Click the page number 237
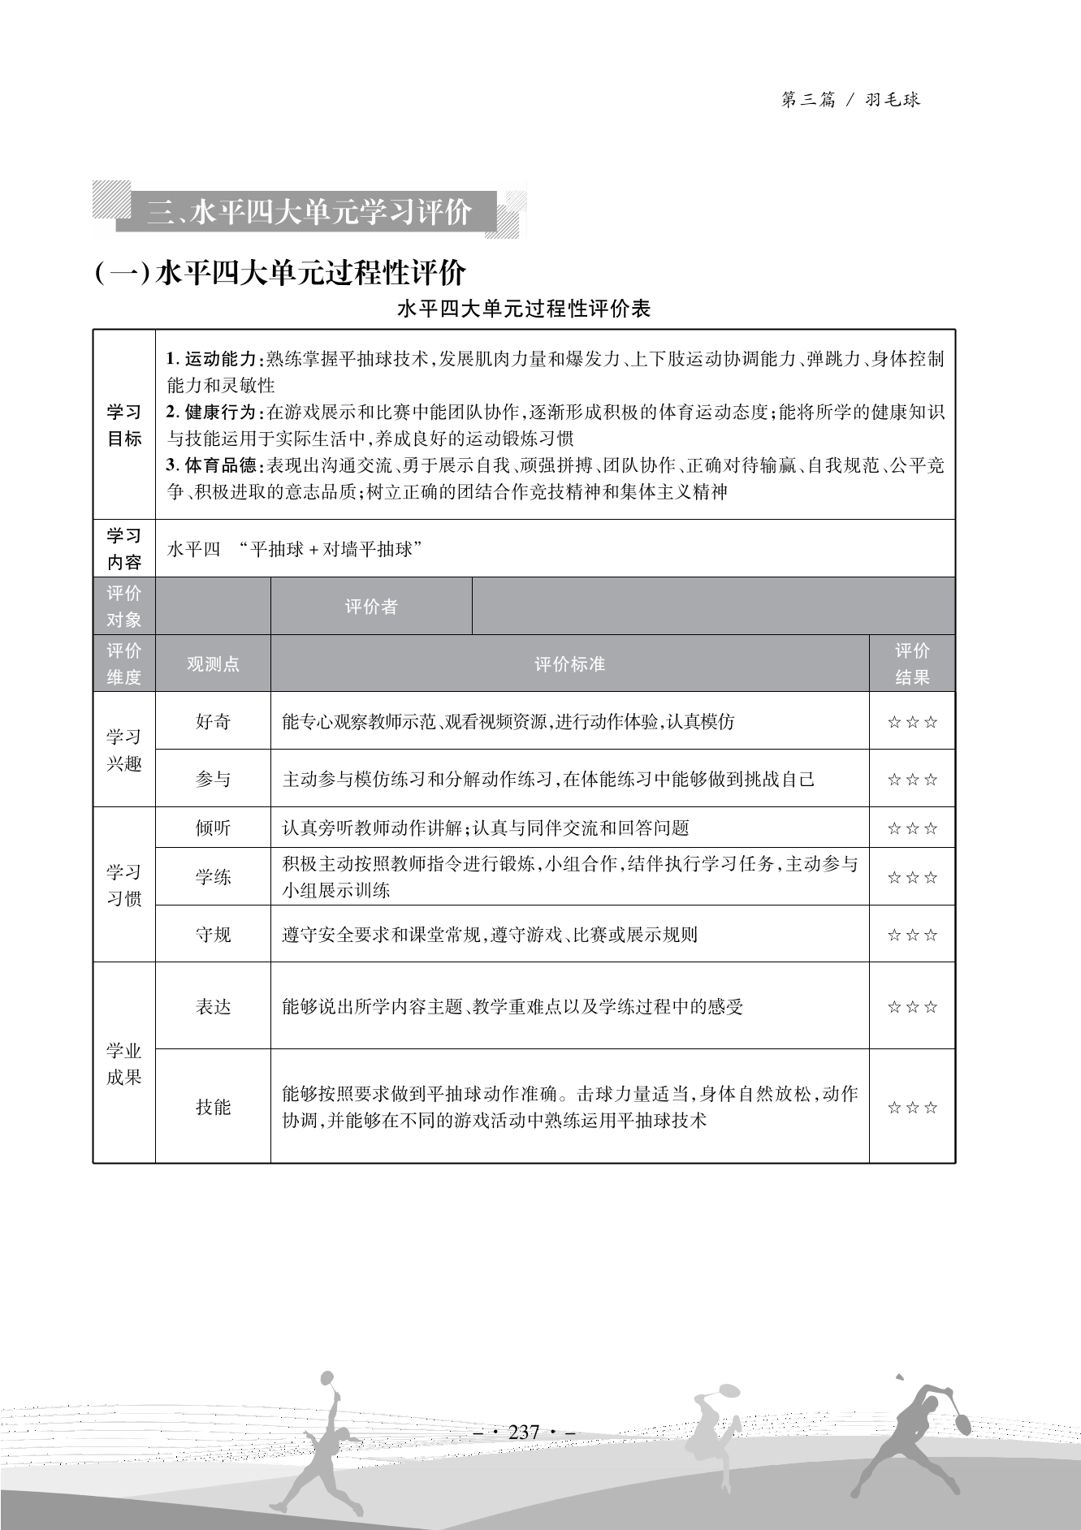pos(524,1432)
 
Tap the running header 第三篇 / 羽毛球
pos(850,100)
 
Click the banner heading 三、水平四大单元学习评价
pos(309,213)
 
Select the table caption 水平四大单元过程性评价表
pos(524,309)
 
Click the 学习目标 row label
pos(124,425)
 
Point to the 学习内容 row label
pos(124,549)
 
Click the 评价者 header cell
pos(371,607)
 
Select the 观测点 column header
pos(213,663)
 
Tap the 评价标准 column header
pos(569,663)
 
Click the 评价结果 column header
pos(911,663)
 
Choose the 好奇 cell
pos(213,721)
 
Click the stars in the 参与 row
pos(911,780)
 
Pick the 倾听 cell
pos(213,828)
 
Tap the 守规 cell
pos(213,935)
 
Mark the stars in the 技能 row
pos(911,1108)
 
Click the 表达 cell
pos(213,1007)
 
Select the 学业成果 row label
pos(124,1064)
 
